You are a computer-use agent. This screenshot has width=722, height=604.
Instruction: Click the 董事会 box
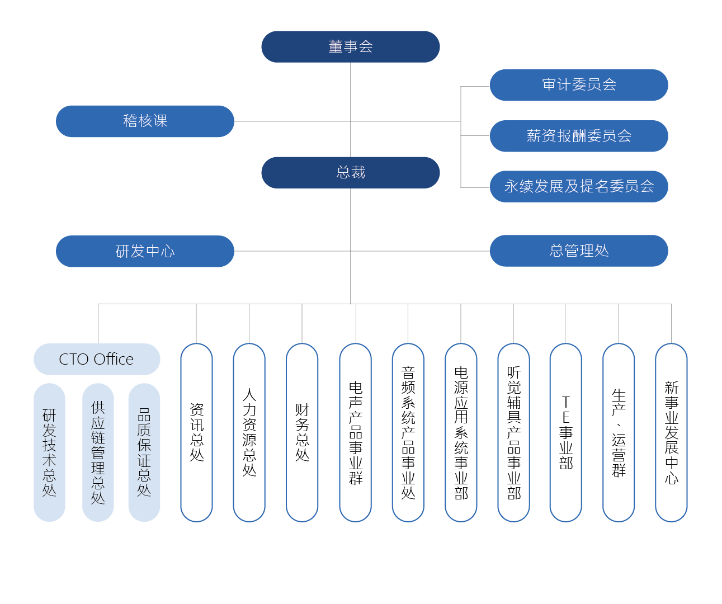tap(350, 46)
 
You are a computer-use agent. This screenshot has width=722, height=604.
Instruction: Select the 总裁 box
tap(350, 172)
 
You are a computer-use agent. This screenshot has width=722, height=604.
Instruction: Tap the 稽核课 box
tap(145, 121)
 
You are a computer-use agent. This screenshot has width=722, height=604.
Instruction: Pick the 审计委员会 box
tap(579, 85)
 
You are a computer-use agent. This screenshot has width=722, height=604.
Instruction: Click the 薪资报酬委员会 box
tap(579, 136)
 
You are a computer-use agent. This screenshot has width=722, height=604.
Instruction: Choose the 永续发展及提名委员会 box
tap(579, 186)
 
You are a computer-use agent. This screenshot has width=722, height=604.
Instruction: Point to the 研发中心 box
tap(145, 251)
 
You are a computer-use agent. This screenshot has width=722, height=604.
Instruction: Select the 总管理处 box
tap(579, 251)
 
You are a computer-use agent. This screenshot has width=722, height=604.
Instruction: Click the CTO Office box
tap(97, 359)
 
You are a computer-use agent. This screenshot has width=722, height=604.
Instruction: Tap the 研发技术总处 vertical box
tap(49, 452)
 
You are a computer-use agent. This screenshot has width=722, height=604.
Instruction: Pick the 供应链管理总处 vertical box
tap(98, 452)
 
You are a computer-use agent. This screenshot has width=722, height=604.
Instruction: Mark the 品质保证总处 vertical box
tap(144, 452)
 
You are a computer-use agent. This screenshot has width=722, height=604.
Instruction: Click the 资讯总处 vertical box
tap(196, 432)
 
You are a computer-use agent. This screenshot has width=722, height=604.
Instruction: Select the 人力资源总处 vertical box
tap(249, 432)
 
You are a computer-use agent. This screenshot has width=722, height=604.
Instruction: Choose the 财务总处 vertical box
tap(302, 432)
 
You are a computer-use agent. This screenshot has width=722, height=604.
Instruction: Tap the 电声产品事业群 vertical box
tap(356, 432)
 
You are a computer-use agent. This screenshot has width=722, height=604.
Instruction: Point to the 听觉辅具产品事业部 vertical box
tap(514, 432)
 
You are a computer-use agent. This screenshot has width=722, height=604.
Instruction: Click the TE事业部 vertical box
tap(566, 432)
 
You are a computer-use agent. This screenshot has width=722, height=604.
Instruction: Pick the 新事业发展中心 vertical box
tap(672, 432)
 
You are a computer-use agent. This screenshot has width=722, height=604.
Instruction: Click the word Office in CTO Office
tap(114, 359)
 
